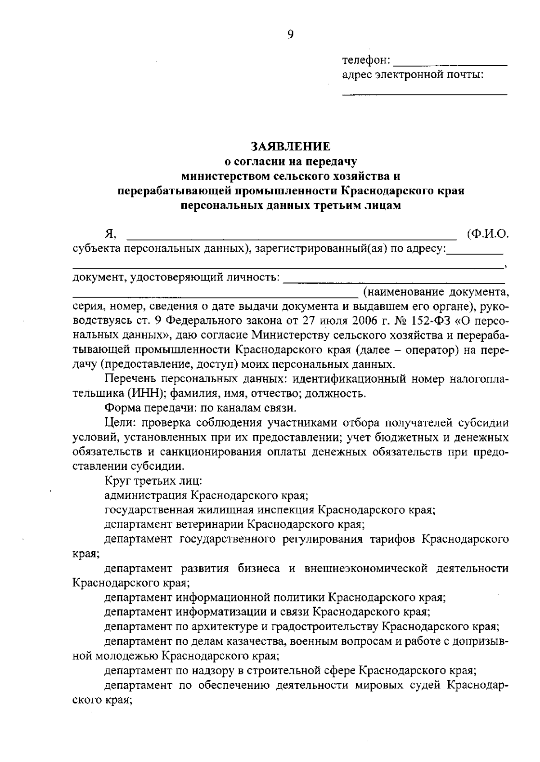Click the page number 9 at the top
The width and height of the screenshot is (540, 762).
pos(290,35)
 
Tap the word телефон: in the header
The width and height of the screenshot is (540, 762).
pos(366,60)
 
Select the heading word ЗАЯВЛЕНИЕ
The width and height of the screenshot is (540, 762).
pos(290,147)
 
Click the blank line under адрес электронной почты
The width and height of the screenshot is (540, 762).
pos(424,94)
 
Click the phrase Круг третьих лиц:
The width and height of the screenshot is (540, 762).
pos(153,481)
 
